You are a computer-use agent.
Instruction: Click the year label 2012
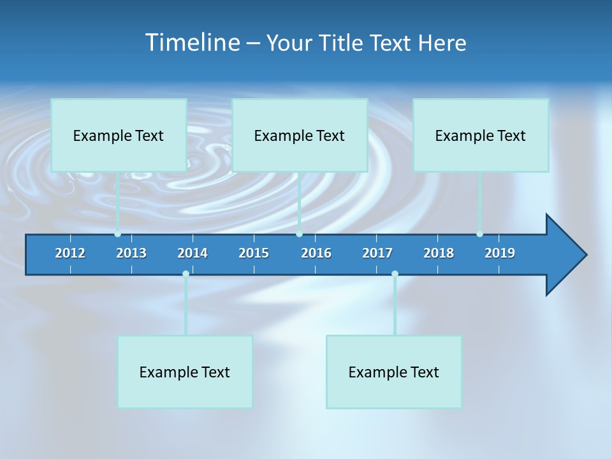coord(70,253)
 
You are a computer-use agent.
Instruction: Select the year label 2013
coord(131,253)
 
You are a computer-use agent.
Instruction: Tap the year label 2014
coord(193,253)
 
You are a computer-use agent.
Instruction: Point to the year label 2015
coord(254,253)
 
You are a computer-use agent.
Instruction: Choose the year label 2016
coord(316,253)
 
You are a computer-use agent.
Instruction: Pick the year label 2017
coord(377,253)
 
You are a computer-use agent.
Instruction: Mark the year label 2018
coord(439,253)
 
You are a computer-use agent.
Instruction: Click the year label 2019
coord(500,253)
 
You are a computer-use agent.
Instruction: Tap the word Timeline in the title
coord(192,43)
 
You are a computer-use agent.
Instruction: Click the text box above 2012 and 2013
coord(119,135)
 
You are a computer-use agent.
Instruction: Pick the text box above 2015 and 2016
coord(300,135)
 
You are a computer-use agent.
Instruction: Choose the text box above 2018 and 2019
coord(481,135)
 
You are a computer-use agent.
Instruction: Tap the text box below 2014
coord(185,372)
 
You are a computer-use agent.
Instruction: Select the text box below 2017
coord(394,372)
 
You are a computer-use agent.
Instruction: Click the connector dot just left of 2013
coord(118,234)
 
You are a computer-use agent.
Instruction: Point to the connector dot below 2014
coord(186,274)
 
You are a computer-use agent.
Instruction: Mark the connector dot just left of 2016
coord(300,234)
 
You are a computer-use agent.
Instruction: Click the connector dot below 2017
coord(395,274)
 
